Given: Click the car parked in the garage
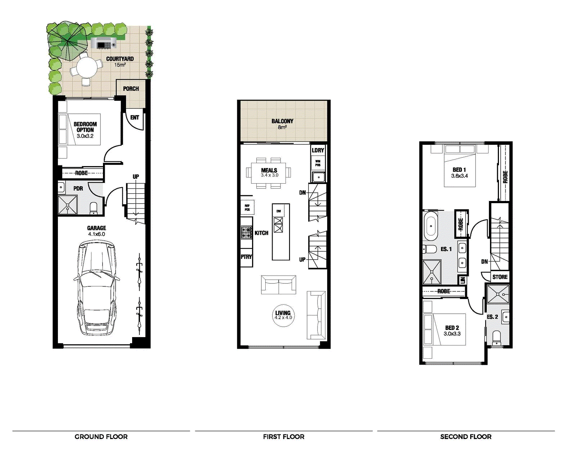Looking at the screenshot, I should [x=96, y=288].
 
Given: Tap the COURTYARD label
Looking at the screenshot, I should [x=120, y=61].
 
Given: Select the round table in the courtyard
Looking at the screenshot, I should [x=86, y=67].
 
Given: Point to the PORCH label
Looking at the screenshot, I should [x=131, y=89].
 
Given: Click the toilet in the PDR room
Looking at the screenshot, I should [x=94, y=208].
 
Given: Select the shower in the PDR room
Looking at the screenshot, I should [x=68, y=205].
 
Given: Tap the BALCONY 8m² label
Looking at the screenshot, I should [x=282, y=124].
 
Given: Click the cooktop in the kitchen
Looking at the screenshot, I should [x=246, y=232].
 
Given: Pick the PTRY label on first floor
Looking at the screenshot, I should [x=246, y=257].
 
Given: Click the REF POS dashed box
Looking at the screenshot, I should [x=247, y=207].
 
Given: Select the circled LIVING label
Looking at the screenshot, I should [x=283, y=315].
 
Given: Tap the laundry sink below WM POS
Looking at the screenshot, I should [x=319, y=177].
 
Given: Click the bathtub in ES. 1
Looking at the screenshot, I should [x=431, y=226].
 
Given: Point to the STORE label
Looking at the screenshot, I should [x=500, y=277].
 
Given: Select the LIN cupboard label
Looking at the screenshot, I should [x=463, y=280].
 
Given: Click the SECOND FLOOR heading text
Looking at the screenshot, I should [x=465, y=437].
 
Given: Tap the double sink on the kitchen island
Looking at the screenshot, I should [x=279, y=225].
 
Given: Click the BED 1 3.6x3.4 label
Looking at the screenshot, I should [x=459, y=173].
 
